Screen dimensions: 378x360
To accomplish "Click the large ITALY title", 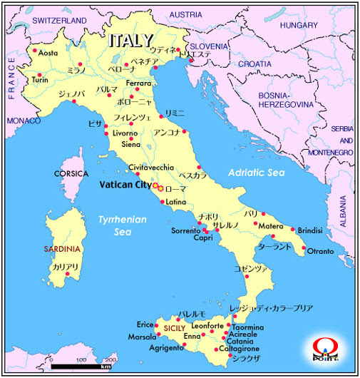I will tap(131, 40).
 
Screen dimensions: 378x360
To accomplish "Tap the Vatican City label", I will tap(123, 185).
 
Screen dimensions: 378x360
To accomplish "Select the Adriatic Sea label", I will tap(256, 173).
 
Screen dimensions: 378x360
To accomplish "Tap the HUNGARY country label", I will tap(299, 26).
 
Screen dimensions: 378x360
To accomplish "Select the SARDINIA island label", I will tap(62, 249).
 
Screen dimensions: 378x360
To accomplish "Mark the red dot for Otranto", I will tap(305, 249).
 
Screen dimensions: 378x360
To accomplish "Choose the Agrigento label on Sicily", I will tap(166, 348).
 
